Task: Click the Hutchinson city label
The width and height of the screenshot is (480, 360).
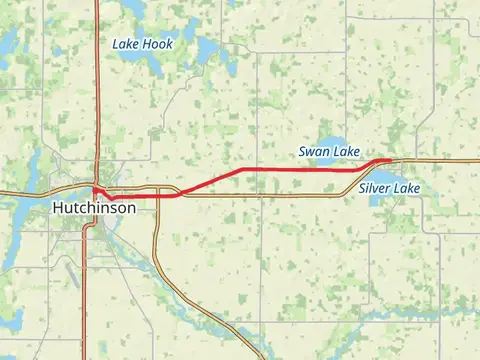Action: click(x=92, y=208)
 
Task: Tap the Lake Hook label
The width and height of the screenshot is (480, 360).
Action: click(x=143, y=44)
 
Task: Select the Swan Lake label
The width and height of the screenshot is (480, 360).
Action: click(x=329, y=151)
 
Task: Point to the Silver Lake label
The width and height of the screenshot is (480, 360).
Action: click(x=390, y=188)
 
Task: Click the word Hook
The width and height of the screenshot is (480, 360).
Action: click(x=158, y=44)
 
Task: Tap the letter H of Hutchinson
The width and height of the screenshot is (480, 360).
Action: click(x=56, y=208)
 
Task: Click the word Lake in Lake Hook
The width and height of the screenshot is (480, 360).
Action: click(x=126, y=44)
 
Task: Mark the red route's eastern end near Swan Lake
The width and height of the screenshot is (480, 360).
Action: click(x=390, y=159)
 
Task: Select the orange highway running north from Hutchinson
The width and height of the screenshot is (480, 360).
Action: click(x=96, y=90)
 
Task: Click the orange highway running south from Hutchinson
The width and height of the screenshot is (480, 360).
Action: click(x=84, y=290)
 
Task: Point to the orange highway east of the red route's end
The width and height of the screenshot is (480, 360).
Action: click(x=440, y=160)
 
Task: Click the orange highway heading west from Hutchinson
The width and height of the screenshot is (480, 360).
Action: click(x=25, y=191)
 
